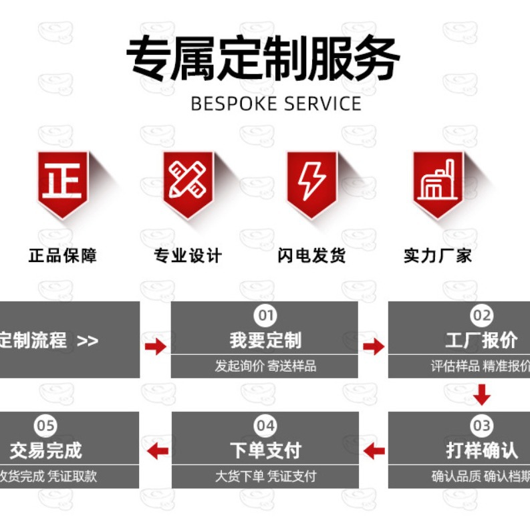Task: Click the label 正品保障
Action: pos(63,256)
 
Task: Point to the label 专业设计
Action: pos(188,256)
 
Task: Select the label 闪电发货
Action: pos(312,256)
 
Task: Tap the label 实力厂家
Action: pos(438,256)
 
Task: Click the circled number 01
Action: pos(265,315)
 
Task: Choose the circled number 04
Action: pos(265,425)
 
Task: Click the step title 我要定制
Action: pos(265,340)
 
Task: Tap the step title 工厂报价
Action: pos(481,340)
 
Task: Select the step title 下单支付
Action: pos(265,450)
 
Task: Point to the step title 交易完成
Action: pos(45,450)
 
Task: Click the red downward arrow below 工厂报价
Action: pos(481,395)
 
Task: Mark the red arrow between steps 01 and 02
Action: pos(374,346)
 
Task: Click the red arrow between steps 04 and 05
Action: pos(156,450)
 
